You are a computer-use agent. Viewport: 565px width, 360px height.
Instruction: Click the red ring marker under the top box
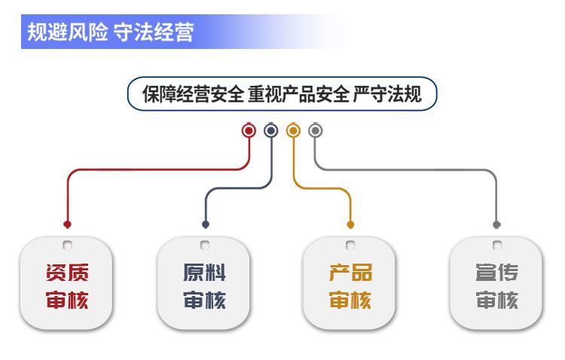point(249,131)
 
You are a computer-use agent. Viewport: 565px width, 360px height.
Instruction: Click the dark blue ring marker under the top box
point(271,131)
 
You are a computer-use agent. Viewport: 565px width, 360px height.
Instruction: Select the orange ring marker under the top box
point(294,131)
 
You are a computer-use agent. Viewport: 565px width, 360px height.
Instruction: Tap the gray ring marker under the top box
point(316,131)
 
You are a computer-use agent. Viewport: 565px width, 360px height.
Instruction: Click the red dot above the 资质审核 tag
point(67,224)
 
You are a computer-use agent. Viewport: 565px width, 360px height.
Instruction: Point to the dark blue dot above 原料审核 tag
point(206,224)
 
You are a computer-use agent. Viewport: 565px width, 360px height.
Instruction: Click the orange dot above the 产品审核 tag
point(350,224)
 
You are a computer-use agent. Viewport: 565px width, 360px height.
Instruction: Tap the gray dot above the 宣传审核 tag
point(496,224)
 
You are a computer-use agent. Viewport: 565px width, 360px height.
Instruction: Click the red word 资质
point(67,273)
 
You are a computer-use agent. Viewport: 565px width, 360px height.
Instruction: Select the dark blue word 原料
point(205,273)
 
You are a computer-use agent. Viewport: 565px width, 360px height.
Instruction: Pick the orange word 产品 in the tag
point(350,273)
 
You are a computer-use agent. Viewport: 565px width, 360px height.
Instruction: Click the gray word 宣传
point(496,273)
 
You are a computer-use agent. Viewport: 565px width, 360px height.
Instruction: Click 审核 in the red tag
point(67,301)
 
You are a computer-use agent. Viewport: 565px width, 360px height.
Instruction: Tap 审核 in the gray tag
point(496,301)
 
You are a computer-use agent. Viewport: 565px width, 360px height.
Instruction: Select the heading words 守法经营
point(154,32)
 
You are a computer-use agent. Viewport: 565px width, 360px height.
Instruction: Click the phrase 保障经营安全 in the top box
point(193,95)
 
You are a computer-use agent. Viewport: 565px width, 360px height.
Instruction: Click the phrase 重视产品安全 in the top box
point(298,95)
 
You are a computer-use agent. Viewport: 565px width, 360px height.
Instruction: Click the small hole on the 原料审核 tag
point(205,245)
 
